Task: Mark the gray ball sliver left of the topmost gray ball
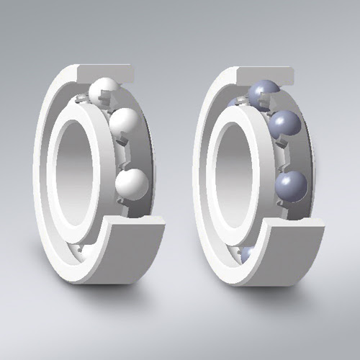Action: pyautogui.click(x=234, y=103)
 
